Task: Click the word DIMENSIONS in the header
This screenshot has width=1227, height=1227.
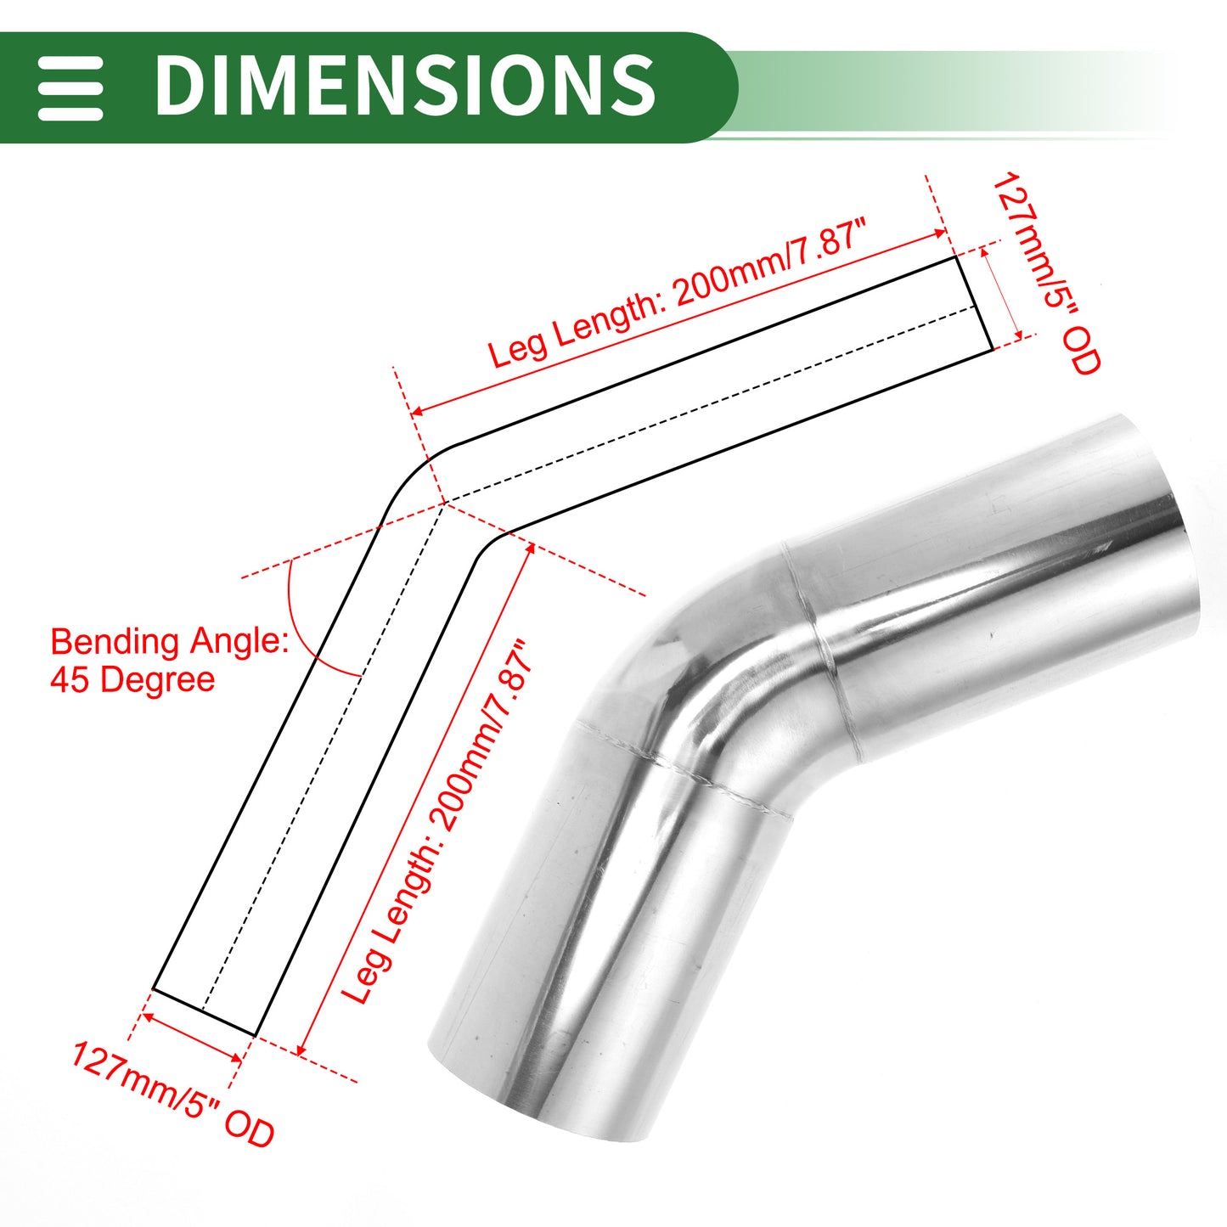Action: pyautogui.click(x=405, y=85)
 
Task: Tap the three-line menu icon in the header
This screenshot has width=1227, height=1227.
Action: pyautogui.click(x=70, y=88)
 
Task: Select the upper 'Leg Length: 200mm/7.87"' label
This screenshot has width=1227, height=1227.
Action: pyautogui.click(x=678, y=294)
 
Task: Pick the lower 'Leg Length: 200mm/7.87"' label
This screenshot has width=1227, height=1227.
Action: pyautogui.click(x=437, y=822)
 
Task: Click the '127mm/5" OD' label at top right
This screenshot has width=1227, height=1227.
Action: pyautogui.click(x=1046, y=273)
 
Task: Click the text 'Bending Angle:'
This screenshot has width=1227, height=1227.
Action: pyautogui.click(x=170, y=642)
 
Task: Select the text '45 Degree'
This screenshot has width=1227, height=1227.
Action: pyautogui.click(x=132, y=679)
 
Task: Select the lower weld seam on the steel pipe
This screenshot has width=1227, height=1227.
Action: pyautogui.click(x=684, y=768)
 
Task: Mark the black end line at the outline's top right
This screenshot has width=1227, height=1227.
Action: pyautogui.click(x=974, y=303)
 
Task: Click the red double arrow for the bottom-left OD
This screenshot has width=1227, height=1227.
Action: pyautogui.click(x=192, y=1038)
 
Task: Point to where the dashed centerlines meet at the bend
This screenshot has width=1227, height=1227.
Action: pyautogui.click(x=444, y=503)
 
